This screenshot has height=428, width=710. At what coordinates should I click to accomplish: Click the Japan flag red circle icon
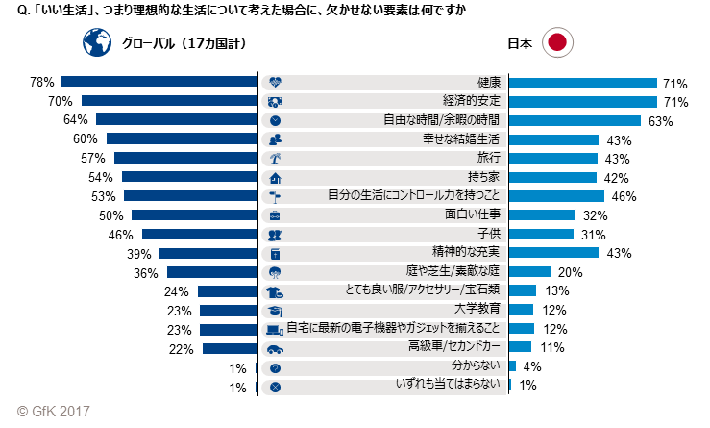point(558,42)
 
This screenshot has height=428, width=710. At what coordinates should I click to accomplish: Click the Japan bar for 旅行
point(553,158)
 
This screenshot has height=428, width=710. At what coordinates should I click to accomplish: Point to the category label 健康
point(489,83)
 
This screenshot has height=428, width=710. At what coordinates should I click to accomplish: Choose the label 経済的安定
point(474,102)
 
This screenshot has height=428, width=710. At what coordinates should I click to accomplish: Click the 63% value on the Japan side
point(661,121)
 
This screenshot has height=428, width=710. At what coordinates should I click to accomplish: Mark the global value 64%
point(75,120)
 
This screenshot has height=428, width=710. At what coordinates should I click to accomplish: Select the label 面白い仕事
point(474,215)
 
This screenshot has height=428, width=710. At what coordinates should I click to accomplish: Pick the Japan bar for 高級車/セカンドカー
point(520,347)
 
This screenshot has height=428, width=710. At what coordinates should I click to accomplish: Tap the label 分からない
point(477,366)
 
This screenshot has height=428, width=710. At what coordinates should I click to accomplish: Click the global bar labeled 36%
point(213,272)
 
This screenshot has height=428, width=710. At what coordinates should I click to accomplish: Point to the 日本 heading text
point(520,43)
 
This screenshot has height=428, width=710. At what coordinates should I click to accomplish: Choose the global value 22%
point(182,348)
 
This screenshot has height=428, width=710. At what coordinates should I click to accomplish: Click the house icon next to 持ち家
point(276,177)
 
